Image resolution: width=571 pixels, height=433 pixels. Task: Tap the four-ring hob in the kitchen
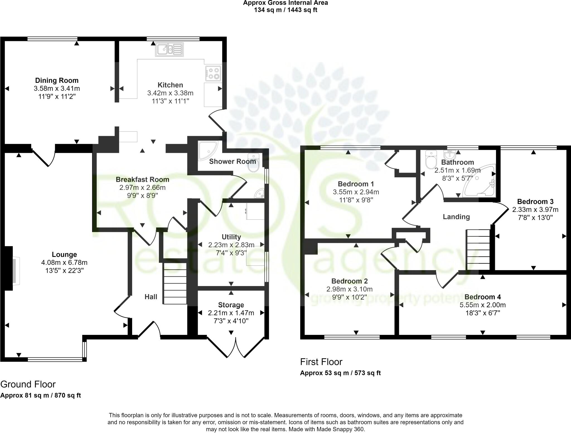click(213, 73)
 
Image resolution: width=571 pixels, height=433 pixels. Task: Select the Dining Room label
click(57, 81)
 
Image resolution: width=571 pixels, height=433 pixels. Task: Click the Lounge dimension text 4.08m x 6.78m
click(64, 262)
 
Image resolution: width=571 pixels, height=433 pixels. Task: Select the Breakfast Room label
click(142, 180)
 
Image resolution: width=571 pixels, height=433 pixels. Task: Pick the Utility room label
click(231, 237)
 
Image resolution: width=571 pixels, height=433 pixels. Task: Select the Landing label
click(456, 217)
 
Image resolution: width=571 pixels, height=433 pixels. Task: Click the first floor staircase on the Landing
click(478, 250)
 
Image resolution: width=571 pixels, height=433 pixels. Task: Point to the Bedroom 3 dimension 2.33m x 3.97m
click(535, 209)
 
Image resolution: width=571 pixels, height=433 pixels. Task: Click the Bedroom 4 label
click(483, 297)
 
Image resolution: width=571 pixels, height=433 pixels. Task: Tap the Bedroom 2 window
click(352, 337)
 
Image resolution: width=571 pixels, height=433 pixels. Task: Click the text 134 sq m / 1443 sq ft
click(285, 10)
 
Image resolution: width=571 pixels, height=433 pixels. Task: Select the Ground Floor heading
click(28, 384)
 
